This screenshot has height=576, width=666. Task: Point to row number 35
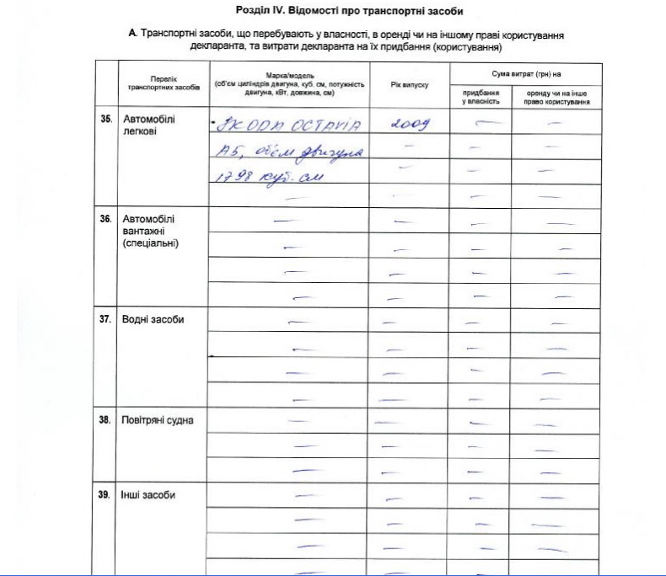click(106, 119)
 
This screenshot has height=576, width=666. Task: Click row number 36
click(106, 219)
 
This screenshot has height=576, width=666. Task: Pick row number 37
click(106, 319)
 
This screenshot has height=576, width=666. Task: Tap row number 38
click(106, 420)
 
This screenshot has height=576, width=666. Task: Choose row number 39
click(106, 495)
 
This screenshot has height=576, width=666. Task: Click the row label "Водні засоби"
click(153, 319)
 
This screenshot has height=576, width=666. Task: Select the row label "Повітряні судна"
click(158, 420)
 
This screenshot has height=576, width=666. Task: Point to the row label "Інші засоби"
click(148, 495)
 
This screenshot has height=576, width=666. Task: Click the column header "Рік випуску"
click(410, 85)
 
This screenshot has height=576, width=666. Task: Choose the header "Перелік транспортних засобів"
click(163, 83)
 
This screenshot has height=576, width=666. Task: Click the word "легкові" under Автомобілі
click(141, 131)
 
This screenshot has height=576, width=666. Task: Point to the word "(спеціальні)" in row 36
click(152, 243)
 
